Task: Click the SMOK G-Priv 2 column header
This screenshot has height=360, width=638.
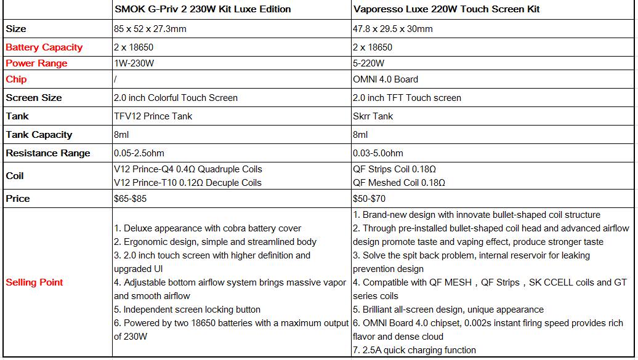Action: (x=203, y=9)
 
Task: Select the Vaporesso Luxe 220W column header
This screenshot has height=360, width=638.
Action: (x=446, y=9)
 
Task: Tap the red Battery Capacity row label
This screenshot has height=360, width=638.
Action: (x=44, y=47)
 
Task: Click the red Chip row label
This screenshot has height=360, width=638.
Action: (x=16, y=79)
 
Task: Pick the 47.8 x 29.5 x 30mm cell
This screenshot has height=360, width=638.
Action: (x=392, y=29)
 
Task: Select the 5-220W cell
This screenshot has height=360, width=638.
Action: (x=369, y=63)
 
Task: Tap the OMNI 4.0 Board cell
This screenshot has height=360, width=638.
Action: (x=386, y=79)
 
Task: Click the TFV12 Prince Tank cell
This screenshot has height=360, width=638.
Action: (x=153, y=116)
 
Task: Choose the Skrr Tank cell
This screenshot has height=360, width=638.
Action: (x=373, y=116)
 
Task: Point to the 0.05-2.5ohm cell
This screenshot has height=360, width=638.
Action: (x=139, y=153)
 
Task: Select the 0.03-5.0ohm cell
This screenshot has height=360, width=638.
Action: (x=378, y=153)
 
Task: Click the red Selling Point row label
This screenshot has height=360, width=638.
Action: (x=34, y=282)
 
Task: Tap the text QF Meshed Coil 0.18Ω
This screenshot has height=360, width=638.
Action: (x=399, y=183)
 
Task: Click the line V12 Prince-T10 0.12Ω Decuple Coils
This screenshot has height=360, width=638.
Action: (x=188, y=183)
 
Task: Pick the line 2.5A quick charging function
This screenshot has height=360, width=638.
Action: (x=414, y=350)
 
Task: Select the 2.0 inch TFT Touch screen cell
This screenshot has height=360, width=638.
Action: (x=406, y=98)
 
